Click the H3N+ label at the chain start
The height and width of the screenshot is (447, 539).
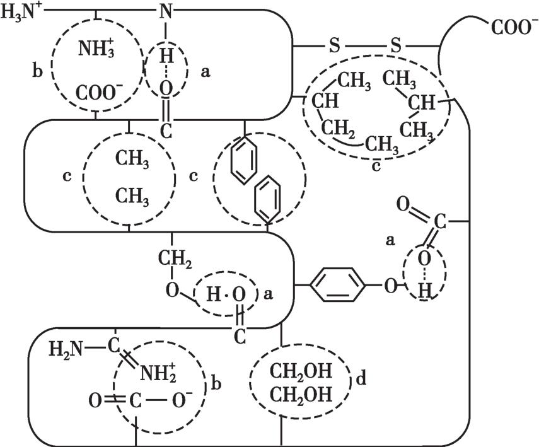click(20, 11)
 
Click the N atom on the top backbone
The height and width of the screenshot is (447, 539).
click(166, 11)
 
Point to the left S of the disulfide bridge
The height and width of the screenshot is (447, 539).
click(335, 45)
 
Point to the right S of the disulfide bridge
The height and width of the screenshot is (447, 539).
click(395, 45)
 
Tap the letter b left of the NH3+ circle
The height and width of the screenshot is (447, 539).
click(37, 71)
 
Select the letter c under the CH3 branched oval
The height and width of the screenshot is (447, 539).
click(376, 166)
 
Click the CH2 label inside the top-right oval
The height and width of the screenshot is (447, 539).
click(337, 128)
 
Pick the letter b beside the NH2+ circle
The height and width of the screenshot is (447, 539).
click(216, 383)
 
